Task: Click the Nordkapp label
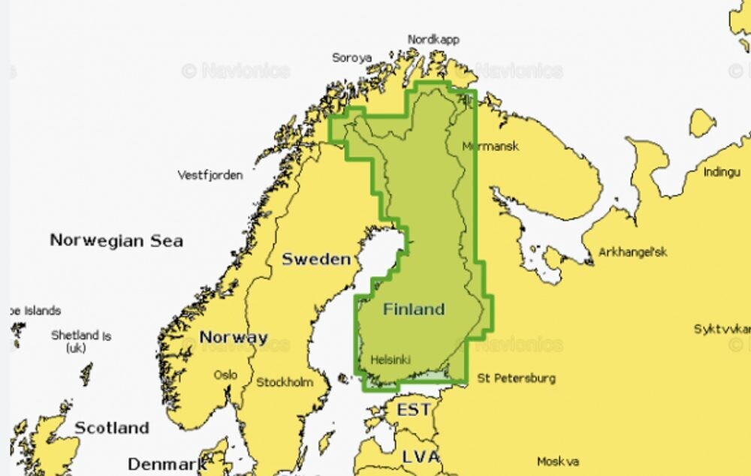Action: (433, 39)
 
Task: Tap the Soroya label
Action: (351, 57)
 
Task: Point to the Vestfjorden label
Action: (210, 175)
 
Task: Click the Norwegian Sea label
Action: (116, 240)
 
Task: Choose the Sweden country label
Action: (316, 259)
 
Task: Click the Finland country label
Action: (414, 309)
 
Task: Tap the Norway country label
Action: (234, 337)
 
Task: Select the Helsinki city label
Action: (391, 360)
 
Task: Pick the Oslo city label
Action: (225, 374)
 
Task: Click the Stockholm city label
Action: (285, 382)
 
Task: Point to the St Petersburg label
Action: (517, 378)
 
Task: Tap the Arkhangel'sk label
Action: (633, 252)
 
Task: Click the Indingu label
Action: (722, 172)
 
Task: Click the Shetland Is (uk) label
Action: (80, 341)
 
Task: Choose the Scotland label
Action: (112, 428)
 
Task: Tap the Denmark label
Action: (167, 462)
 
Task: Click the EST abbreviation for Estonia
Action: (414, 410)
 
